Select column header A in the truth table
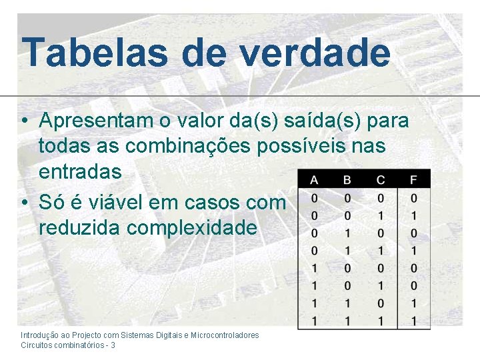(x=314, y=179)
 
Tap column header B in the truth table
(x=347, y=179)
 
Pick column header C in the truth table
(x=380, y=179)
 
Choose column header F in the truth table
(x=414, y=179)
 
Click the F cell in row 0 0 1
(x=414, y=216)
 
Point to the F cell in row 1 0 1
(x=414, y=285)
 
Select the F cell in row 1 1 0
(x=414, y=303)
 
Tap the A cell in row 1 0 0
(x=314, y=268)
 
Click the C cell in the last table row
(x=380, y=320)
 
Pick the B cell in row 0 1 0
(x=347, y=233)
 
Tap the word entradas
(x=80, y=171)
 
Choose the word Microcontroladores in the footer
(x=225, y=335)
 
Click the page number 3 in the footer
(x=113, y=345)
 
